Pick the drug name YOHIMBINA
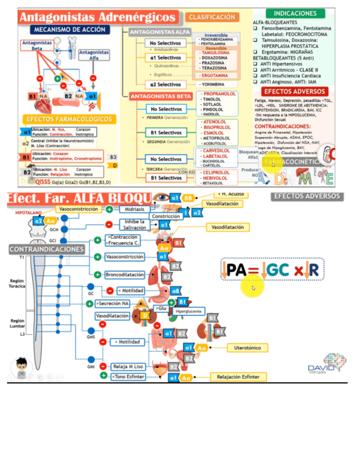click(213, 84)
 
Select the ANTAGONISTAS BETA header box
click(160, 96)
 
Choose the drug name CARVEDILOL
click(217, 151)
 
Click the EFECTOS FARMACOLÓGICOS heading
click(70, 119)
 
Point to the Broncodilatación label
click(125, 275)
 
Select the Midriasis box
click(134, 209)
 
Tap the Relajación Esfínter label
click(238, 377)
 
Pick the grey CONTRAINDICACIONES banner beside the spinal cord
click(47, 249)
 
